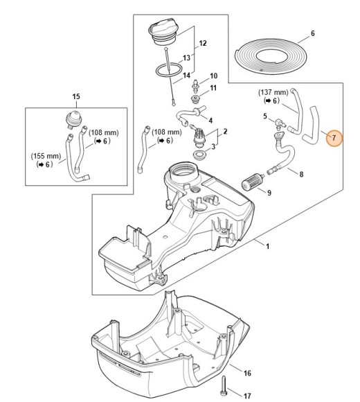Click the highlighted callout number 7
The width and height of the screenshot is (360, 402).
[334, 139]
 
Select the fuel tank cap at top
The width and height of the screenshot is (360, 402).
[163, 33]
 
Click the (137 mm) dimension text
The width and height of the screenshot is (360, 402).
[272, 91]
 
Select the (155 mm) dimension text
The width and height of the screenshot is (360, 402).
[43, 156]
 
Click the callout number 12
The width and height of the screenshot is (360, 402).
[203, 42]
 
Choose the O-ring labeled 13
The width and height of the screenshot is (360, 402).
[165, 71]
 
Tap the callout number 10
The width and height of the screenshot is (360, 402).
[213, 76]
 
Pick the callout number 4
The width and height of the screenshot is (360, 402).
[210, 120]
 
